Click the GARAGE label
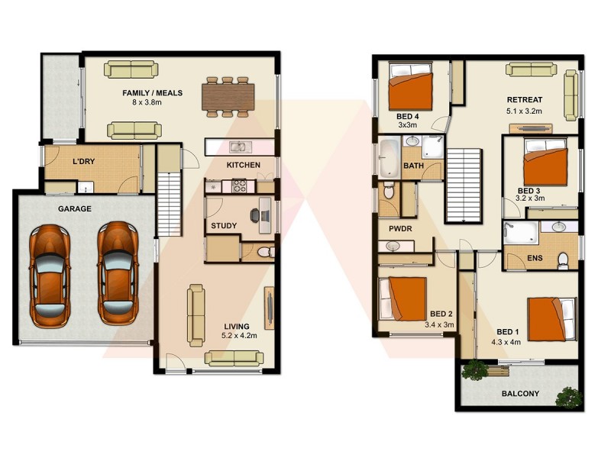[74, 208]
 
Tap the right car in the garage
[117, 273]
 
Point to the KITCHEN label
[243, 165]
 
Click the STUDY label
[223, 225]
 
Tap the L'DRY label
[84, 163]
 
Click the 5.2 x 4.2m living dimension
[239, 335]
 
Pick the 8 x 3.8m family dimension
[153, 104]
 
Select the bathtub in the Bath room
[388, 158]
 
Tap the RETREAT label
[525, 100]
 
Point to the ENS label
[536, 258]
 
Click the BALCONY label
[521, 394]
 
